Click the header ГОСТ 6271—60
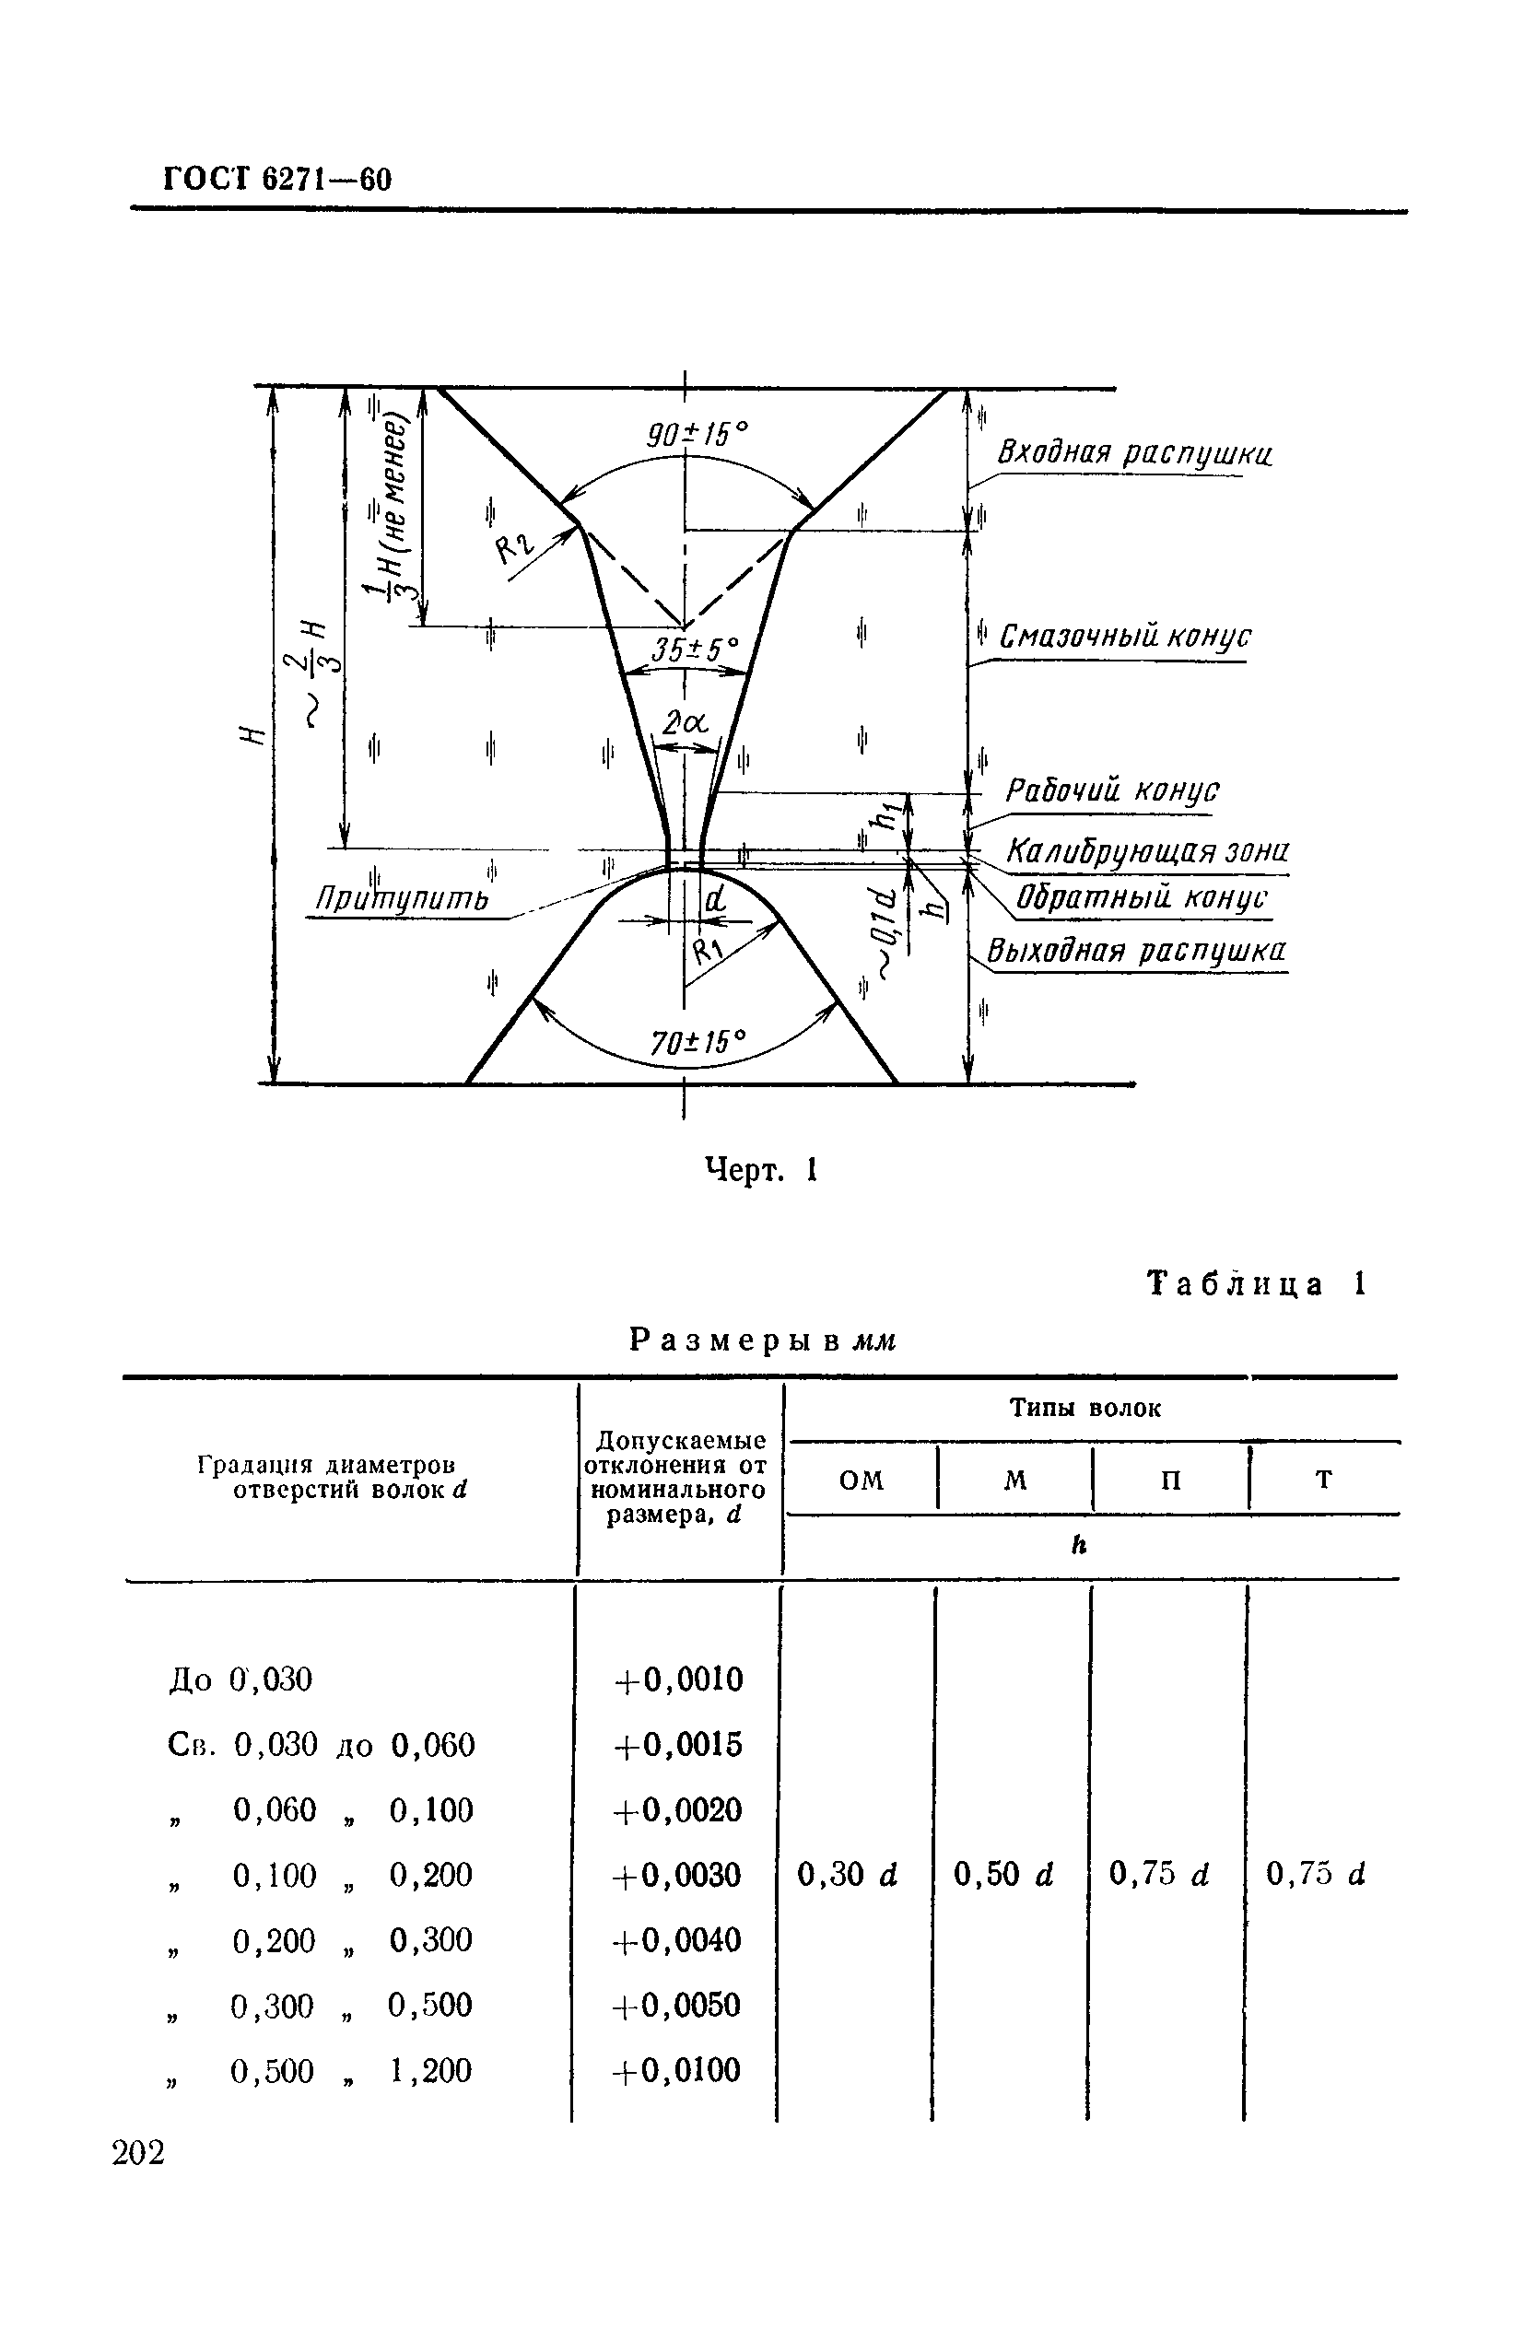[277, 180]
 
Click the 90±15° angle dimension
[698, 435]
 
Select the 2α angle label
[685, 723]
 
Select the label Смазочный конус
[1125, 637]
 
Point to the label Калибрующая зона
[1147, 850]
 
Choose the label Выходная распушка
[1135, 950]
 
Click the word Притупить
[402, 898]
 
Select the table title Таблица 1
[1256, 1284]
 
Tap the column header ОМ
[862, 1480]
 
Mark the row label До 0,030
[240, 1679]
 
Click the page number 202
[139, 2153]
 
